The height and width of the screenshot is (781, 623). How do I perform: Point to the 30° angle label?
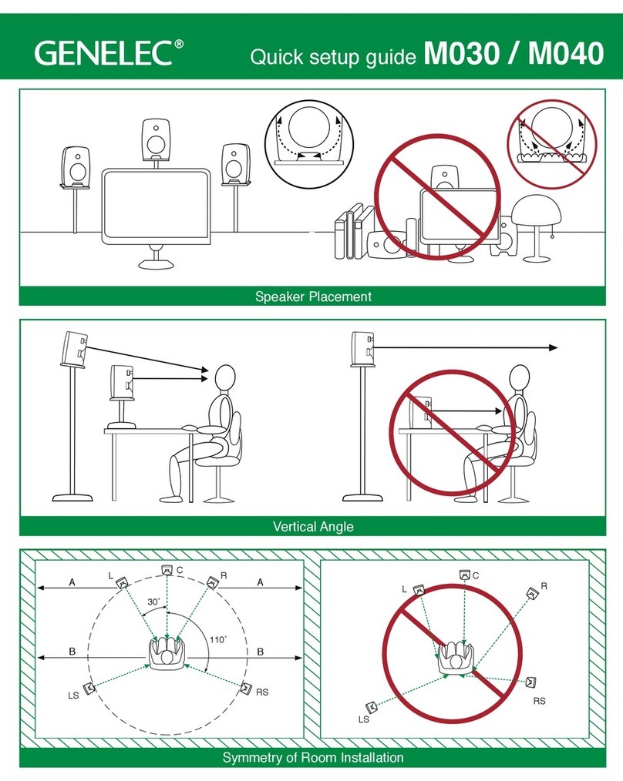pyautogui.click(x=154, y=602)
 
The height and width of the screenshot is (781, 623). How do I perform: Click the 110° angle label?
pyautogui.click(x=219, y=639)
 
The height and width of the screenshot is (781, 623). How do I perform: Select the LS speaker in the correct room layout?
pyautogui.click(x=89, y=687)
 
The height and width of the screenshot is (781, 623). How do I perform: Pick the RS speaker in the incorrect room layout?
pyautogui.click(x=532, y=682)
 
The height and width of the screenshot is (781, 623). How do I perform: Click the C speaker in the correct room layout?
pyautogui.click(x=166, y=570)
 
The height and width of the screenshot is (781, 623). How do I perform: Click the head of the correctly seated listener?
pyautogui.click(x=224, y=378)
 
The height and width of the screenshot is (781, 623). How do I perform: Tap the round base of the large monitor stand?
pyautogui.click(x=157, y=263)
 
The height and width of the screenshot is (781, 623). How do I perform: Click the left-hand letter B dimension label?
pyautogui.click(x=72, y=651)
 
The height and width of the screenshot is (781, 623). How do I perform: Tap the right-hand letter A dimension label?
pyautogui.click(x=260, y=583)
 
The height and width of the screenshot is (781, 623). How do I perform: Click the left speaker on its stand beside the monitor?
pyautogui.click(x=76, y=165)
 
